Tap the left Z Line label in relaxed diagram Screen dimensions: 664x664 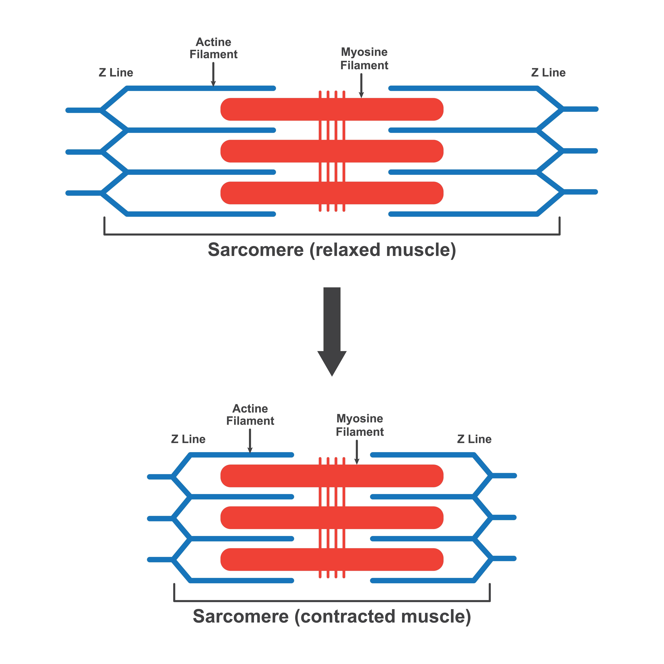pos(116,72)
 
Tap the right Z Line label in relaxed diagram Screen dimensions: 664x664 pos(548,72)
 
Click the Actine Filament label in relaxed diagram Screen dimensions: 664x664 pos(213,48)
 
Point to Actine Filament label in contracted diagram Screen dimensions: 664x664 pos(250,415)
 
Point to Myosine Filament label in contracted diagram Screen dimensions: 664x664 pos(360,425)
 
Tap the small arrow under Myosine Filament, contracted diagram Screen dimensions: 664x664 pos(357,452)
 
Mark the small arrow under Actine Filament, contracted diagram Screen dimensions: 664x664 pos(250,441)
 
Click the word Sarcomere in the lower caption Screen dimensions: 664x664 pos(241,616)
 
